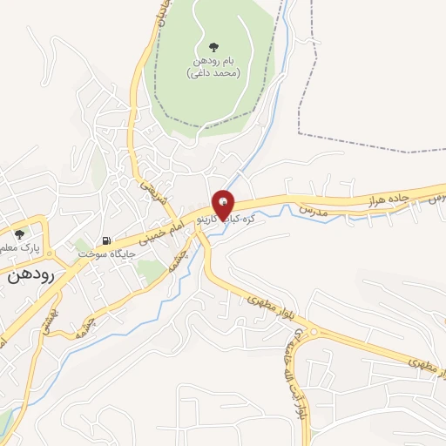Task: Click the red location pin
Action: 224,203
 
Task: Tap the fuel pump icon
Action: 106,240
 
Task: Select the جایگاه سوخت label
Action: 103,253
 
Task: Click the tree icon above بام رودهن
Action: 214,48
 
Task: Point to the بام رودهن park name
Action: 213,62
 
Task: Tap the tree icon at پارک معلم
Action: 19,233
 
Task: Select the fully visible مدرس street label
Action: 313,211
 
